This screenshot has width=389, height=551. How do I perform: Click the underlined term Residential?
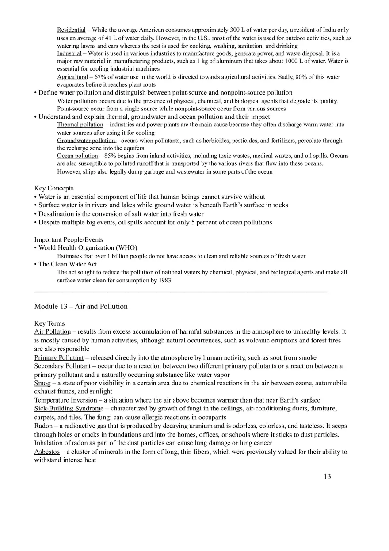(71, 30)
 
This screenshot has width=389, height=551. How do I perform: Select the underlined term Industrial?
(69, 53)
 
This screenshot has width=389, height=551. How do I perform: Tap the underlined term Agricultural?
(72, 77)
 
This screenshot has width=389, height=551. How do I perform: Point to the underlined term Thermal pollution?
(80, 125)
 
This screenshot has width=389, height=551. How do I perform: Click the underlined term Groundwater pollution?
(86, 141)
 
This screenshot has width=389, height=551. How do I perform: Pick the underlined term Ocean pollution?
(77, 156)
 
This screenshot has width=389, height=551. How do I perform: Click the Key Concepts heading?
(54, 188)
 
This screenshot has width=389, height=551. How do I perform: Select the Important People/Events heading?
(69, 239)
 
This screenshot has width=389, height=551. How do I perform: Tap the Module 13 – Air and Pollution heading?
(81, 306)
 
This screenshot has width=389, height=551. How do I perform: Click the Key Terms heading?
(50, 323)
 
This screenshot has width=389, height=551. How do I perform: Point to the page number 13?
(327, 476)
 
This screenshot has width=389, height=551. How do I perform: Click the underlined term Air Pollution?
(53, 332)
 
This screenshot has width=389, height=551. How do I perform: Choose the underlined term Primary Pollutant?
(59, 358)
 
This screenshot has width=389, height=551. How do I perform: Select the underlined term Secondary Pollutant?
(62, 366)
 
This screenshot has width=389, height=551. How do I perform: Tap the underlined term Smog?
(42, 383)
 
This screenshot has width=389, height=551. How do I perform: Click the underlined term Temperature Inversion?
(66, 400)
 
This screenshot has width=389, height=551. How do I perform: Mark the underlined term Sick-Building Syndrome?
(69, 409)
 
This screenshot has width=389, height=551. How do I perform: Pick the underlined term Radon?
(43, 426)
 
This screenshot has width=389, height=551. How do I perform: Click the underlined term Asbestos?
(47, 452)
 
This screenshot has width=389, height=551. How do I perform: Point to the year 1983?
(164, 280)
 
